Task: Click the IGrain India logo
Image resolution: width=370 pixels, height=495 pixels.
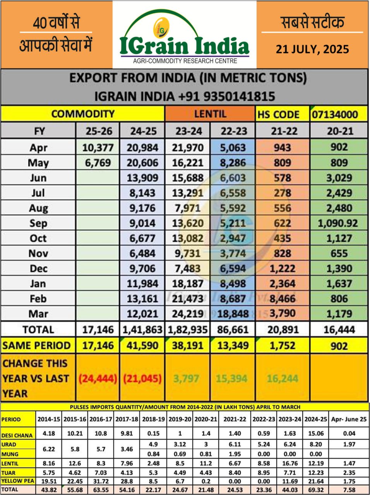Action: pos(184,37)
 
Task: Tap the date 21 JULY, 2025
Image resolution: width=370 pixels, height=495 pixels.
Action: pos(312,49)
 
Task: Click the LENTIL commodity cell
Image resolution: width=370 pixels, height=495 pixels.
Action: pos(210,114)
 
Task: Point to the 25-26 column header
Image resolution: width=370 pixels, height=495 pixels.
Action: pos(99,131)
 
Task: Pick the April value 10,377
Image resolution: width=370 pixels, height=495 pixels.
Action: pos(98,147)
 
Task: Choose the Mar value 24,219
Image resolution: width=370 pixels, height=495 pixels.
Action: pos(187,314)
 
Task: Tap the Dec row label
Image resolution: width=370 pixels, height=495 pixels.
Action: pos(38,268)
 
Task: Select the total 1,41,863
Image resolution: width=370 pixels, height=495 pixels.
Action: pos(143,330)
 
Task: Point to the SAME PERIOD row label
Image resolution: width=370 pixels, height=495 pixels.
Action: pos(37,345)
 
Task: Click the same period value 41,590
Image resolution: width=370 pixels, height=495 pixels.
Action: pos(143,345)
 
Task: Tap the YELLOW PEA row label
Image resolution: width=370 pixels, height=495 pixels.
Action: pos(17,481)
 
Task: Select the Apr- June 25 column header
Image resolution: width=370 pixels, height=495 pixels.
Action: pos(349,419)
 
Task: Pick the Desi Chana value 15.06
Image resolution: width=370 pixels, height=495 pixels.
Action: pos(316,434)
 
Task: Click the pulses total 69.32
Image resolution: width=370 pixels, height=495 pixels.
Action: pos(316,490)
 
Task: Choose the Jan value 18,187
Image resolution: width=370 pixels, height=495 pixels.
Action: pos(187,283)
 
